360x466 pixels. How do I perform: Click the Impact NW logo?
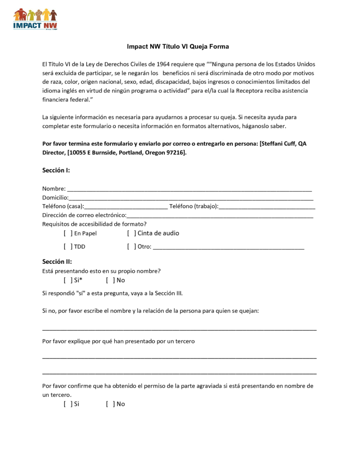tap(35, 19)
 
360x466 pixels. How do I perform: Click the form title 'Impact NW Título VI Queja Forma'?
tap(178, 47)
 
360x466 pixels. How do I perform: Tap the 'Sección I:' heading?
tap(56, 171)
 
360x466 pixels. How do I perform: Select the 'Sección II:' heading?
tap(57, 262)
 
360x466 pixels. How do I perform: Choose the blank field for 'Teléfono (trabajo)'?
tap(267, 207)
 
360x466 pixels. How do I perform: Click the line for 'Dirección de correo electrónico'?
tap(220, 216)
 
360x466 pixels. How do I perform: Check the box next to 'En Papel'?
tap(68, 233)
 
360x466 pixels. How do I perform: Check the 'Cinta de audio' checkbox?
tap(132, 233)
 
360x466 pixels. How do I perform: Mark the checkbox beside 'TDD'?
tap(68, 247)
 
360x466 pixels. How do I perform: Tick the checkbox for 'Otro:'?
tap(132, 247)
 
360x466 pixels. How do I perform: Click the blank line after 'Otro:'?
tap(228, 248)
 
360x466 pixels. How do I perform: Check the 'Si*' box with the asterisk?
tap(68, 280)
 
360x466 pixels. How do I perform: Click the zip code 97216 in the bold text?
tap(175, 152)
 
